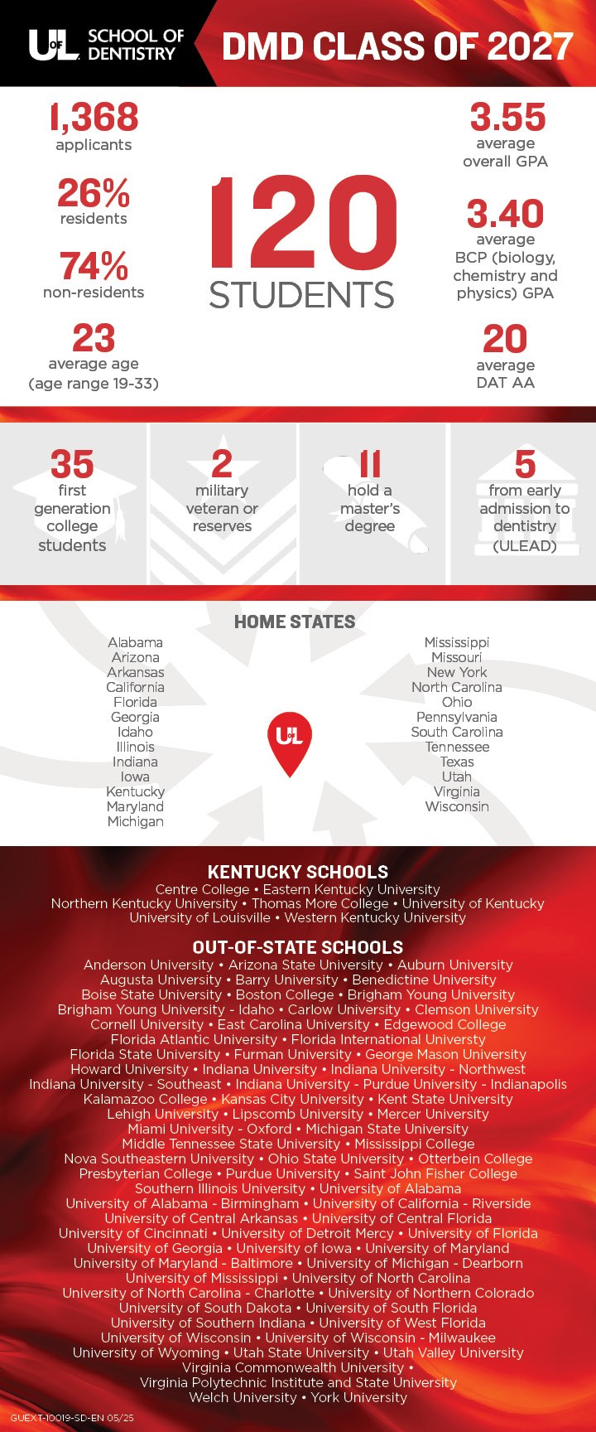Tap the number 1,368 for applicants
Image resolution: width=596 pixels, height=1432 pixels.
tap(94, 117)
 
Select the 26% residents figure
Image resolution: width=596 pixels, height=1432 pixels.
tap(94, 194)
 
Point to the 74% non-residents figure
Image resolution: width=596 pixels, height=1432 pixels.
tap(94, 267)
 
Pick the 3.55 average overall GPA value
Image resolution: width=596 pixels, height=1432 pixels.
tap(507, 117)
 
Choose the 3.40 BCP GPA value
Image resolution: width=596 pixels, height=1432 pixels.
tap(505, 214)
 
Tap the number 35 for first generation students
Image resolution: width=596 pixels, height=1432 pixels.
tap(72, 465)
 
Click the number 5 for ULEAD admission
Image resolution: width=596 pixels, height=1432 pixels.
tap(525, 465)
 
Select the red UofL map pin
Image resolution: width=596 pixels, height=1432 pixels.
tap(290, 740)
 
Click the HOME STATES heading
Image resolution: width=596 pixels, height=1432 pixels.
tap(295, 622)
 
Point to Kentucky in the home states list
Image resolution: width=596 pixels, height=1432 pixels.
tap(136, 791)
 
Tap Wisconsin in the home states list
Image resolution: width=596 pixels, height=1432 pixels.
tap(457, 806)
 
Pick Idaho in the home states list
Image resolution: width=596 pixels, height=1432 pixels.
tap(135, 732)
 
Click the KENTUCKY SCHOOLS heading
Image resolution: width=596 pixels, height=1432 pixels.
tap(298, 872)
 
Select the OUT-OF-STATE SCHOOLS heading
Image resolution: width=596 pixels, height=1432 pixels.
tap(298, 947)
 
